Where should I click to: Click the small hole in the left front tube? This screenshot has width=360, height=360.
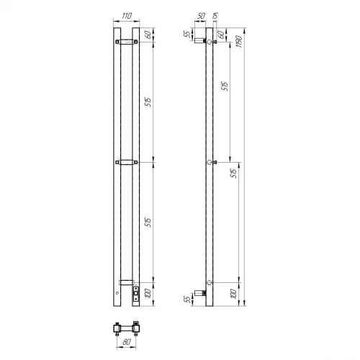[117, 295]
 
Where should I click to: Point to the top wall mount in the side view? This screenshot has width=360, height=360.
[201, 44]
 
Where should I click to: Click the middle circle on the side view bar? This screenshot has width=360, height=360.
[210, 163]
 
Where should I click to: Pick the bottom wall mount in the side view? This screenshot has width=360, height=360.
[202, 292]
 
